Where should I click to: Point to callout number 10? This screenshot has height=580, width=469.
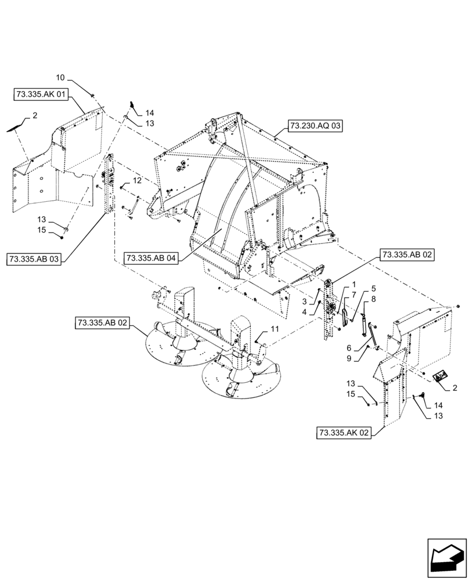(x=61, y=77)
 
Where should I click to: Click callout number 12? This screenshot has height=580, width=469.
(x=137, y=182)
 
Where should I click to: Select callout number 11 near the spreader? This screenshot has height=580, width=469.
(x=275, y=329)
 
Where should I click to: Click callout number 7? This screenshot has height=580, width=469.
(x=353, y=296)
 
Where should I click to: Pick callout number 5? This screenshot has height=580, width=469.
(x=373, y=288)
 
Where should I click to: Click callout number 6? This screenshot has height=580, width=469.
(x=350, y=347)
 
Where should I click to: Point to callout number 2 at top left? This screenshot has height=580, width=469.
(x=34, y=116)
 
